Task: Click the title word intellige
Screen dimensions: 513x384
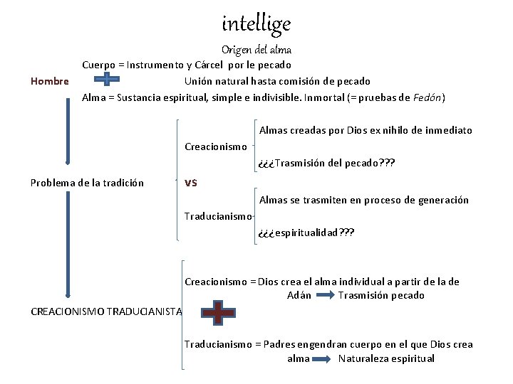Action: [256, 24]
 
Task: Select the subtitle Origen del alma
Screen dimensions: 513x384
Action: [256, 50]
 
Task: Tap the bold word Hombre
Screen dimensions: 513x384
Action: [50, 81]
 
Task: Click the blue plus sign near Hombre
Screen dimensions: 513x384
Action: [106, 79]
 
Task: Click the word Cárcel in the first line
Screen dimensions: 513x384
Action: [206, 65]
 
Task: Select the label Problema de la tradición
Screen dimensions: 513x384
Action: [87, 183]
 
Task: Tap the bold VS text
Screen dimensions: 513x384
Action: [190, 182]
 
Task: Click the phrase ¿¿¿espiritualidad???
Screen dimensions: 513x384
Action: [306, 233]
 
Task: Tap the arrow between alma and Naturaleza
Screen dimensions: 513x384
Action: [324, 358]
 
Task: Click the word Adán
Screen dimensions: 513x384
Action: [299, 296]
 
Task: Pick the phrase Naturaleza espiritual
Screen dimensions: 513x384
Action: [386, 358]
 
